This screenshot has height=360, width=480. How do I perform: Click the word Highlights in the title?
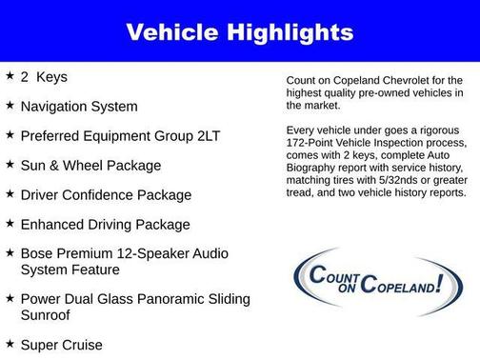pos(293,33)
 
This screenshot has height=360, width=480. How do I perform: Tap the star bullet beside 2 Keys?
pos(10,75)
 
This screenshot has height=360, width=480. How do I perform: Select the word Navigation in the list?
pos(57,106)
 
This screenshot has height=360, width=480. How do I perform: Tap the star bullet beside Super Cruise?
pos(10,343)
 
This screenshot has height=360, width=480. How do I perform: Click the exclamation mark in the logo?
pos(439,283)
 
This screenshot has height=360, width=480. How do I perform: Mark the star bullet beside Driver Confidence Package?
pos(10,194)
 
